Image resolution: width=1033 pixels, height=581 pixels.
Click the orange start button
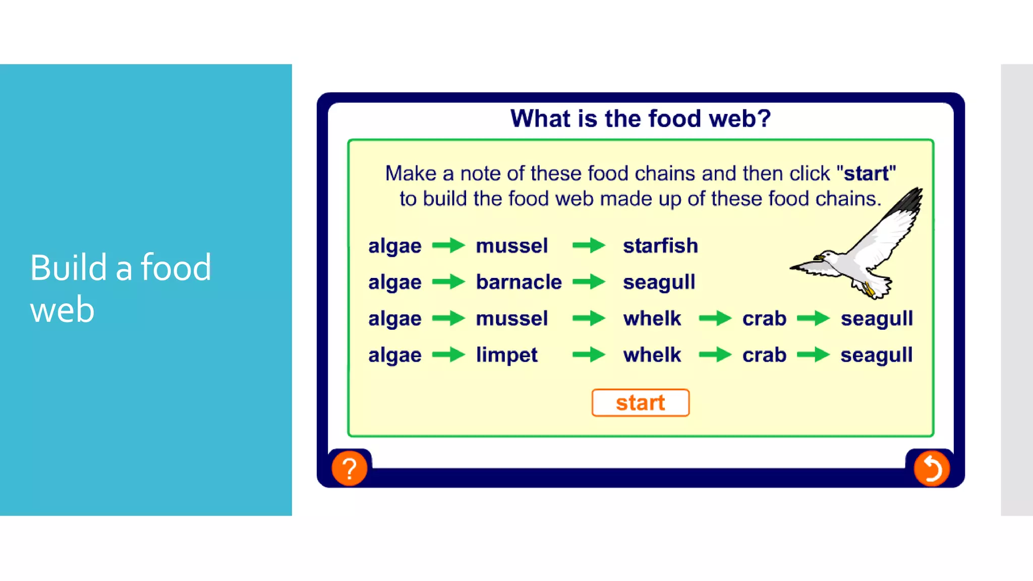tap(640, 402)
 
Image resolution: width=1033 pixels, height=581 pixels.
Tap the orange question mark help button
tap(349, 469)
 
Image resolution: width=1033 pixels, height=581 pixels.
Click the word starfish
tap(660, 246)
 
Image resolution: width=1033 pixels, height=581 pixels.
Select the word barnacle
tap(519, 282)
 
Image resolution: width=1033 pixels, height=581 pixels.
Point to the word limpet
tap(506, 355)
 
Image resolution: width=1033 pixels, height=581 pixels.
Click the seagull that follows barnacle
tap(659, 282)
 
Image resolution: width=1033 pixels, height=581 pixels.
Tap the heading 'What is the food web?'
tap(640, 119)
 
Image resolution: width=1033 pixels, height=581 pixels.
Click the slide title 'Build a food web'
tap(120, 287)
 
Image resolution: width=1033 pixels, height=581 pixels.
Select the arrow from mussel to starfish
tap(589, 246)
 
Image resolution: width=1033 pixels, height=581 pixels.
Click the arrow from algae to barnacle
tap(448, 282)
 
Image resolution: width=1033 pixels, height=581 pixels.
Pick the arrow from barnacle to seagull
tap(589, 282)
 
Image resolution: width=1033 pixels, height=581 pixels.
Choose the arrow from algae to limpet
tap(448, 355)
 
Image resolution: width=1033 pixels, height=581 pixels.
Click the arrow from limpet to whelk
tap(589, 355)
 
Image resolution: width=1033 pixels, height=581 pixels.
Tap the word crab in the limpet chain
tap(764, 355)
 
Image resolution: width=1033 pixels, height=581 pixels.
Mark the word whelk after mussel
tap(652, 319)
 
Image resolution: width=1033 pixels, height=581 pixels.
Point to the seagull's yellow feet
tap(868, 289)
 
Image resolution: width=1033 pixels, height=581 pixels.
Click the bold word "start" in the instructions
tap(866, 173)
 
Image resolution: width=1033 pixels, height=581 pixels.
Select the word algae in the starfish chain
tap(394, 246)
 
